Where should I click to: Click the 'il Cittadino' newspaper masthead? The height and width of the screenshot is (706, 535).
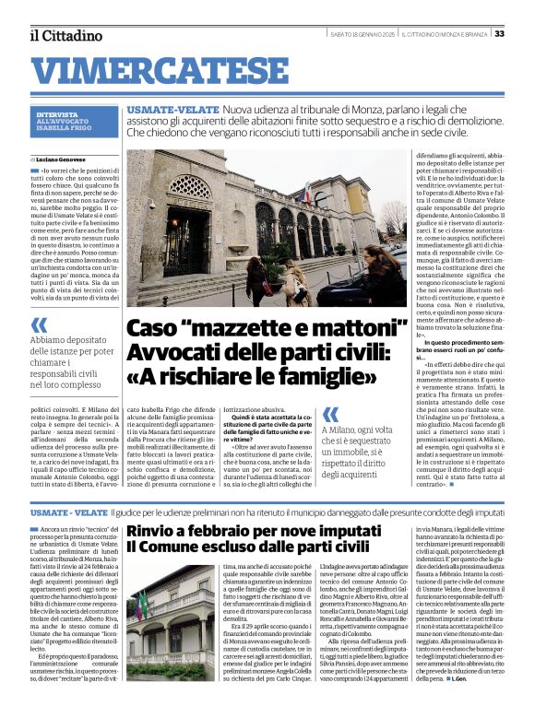65,35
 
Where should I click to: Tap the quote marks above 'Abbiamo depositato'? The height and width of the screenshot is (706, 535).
39,324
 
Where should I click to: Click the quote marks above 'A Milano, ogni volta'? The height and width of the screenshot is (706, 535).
330,415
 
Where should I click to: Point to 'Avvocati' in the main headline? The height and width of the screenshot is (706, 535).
172,353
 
